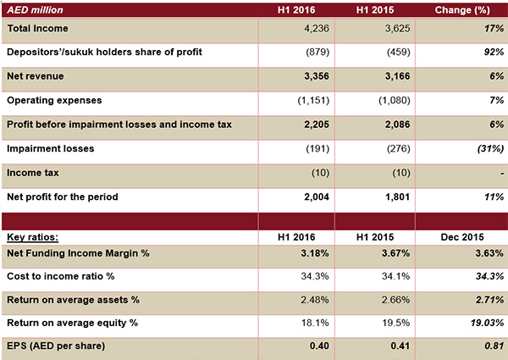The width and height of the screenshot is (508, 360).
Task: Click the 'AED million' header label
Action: [35, 10]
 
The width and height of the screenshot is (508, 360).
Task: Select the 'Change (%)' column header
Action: [462, 10]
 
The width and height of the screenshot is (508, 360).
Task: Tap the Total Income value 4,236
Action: [317, 29]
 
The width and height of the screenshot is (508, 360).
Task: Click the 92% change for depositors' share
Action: [494, 52]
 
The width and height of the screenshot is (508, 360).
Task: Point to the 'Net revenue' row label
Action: [36, 76]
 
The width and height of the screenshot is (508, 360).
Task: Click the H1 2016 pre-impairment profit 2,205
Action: [317, 125]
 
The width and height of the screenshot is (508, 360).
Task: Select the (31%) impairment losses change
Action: [490, 149]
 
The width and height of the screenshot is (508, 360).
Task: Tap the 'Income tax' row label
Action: [33, 173]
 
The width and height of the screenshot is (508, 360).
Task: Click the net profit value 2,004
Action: [317, 197]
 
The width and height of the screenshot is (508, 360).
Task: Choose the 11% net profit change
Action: [494, 197]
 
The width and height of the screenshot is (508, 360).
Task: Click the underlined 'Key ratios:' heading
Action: [32, 237]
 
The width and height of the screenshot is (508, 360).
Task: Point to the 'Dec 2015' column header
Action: [462, 237]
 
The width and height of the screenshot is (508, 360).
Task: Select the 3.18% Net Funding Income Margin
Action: [315, 253]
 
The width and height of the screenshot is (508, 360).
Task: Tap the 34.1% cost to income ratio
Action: [395, 276]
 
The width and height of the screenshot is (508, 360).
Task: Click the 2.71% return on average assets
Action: [490, 300]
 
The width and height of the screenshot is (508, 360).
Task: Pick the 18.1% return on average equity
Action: [315, 323]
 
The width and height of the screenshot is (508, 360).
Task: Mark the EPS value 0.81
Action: [494, 346]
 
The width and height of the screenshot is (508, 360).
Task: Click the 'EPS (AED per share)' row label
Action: [56, 346]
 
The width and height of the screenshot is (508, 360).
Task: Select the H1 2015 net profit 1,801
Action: [398, 197]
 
